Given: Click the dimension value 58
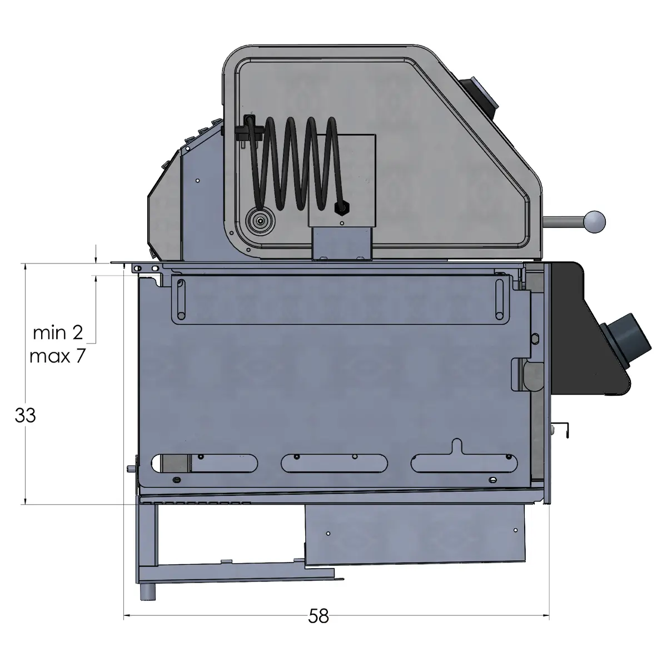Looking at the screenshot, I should (x=319, y=616).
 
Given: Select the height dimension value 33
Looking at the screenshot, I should (x=26, y=415).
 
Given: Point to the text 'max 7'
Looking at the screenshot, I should (x=58, y=356).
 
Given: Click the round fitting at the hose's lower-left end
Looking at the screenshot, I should (x=260, y=221).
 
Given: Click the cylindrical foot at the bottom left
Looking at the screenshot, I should (x=148, y=591).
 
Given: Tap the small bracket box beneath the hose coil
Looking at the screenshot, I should (x=341, y=243).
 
